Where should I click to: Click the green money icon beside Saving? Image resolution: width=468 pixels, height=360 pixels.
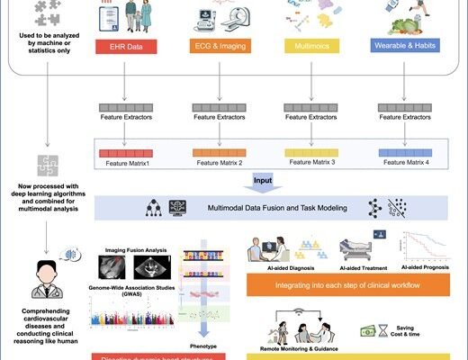tap(370, 331)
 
